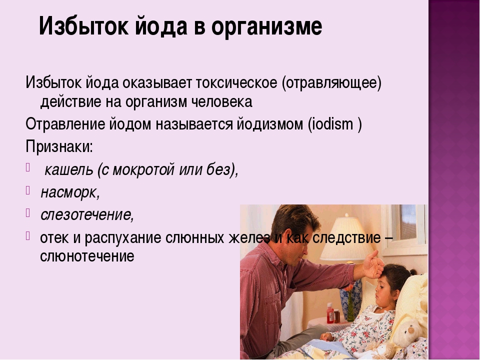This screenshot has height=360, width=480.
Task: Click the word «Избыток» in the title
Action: [x=84, y=26]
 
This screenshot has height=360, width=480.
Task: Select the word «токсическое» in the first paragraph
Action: [x=235, y=82]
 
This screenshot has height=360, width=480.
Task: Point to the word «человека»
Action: [x=222, y=102]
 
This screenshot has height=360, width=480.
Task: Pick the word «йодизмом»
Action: [x=269, y=124]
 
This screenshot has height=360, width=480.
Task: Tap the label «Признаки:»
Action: [x=59, y=147]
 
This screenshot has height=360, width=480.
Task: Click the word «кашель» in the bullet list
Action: [x=68, y=169]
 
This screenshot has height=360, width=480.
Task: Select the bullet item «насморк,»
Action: [x=70, y=192]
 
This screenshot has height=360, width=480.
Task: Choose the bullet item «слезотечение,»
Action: [x=87, y=214]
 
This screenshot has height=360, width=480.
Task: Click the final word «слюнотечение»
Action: [x=87, y=256]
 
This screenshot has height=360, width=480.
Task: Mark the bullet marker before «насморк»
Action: [x=28, y=190]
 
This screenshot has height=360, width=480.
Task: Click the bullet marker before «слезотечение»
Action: [x=28, y=212]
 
